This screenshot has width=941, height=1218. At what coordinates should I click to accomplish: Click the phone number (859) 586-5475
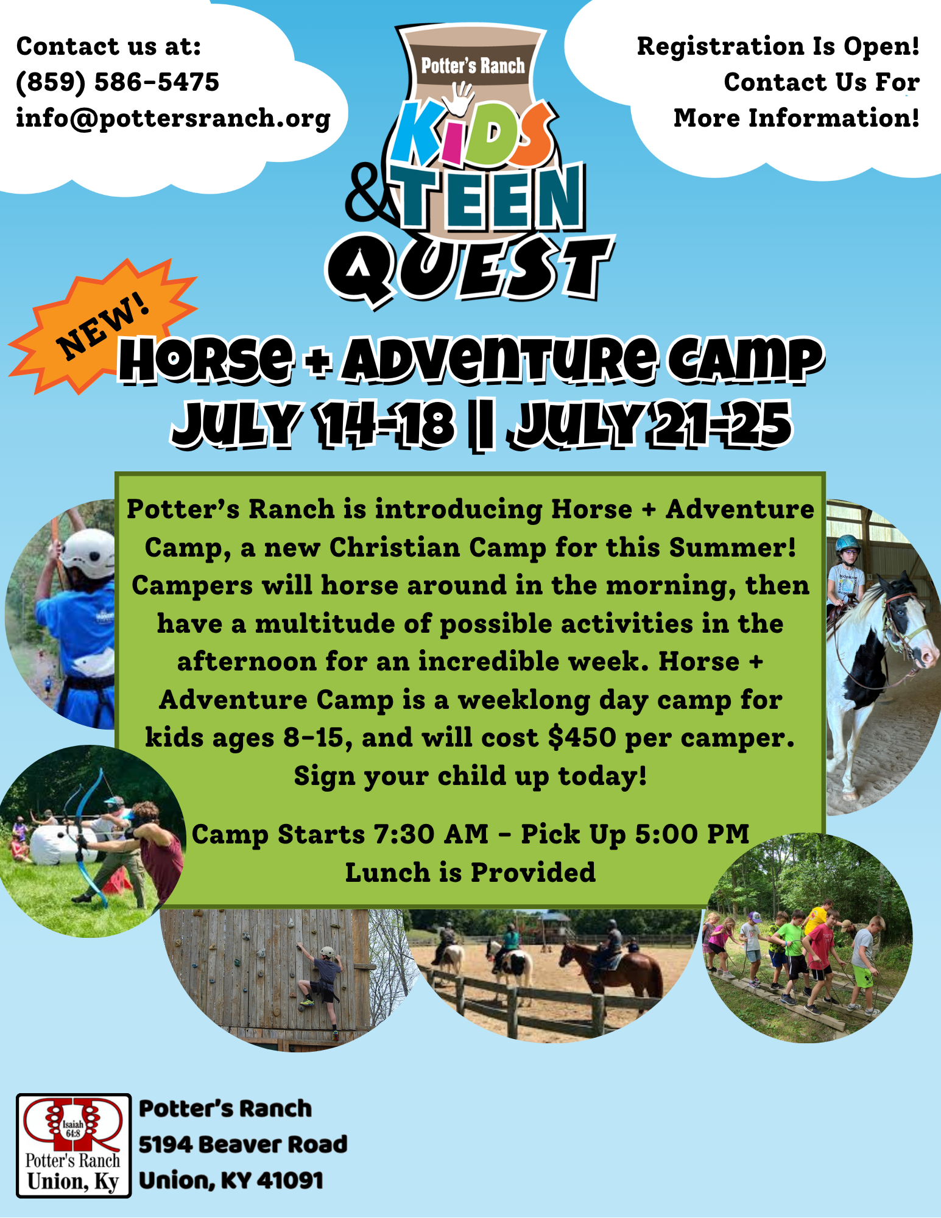tap(118, 82)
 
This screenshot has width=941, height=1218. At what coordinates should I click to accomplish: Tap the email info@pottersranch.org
tap(174, 118)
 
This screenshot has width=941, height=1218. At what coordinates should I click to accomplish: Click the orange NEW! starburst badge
tap(102, 326)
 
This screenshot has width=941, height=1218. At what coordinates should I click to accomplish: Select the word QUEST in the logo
tap(470, 268)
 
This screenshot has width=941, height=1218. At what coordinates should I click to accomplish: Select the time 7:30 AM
tap(431, 834)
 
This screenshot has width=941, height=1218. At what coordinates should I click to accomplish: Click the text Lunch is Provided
tap(470, 873)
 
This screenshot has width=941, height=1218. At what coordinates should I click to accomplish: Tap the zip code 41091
tap(290, 1180)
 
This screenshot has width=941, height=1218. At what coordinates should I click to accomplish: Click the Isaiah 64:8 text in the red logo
tap(73, 1128)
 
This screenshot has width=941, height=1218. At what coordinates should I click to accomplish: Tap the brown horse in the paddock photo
tap(612, 968)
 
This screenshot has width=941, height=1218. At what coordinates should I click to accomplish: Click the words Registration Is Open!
tap(778, 46)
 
